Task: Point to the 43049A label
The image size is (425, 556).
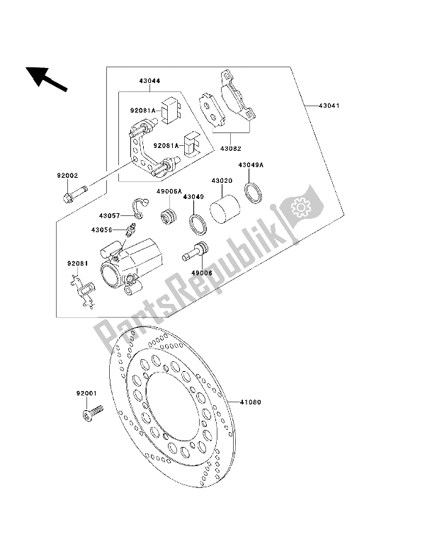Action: coord(250,166)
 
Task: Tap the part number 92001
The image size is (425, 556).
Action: coord(86,390)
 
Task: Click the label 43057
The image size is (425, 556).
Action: coord(110,215)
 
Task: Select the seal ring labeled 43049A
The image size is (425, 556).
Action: coord(252,192)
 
